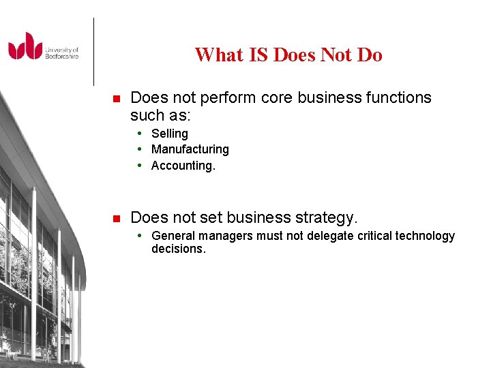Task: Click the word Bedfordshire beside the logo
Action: click(62, 56)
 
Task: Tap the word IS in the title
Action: click(258, 55)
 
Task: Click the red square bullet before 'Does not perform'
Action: click(116, 99)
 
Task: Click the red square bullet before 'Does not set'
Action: click(116, 219)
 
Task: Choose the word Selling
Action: click(170, 134)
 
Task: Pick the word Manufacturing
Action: click(190, 149)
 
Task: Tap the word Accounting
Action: click(183, 166)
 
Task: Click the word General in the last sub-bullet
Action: click(173, 236)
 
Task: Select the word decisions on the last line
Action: click(178, 249)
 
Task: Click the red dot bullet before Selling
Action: click(139, 134)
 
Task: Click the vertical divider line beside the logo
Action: click(93, 51)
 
